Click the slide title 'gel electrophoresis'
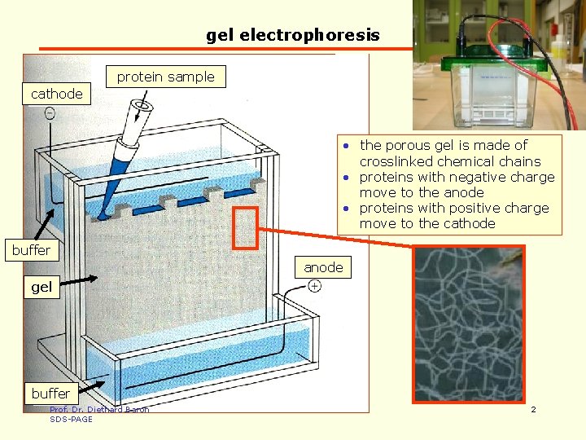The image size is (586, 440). pos(293,35)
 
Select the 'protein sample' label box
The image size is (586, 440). pos(166,77)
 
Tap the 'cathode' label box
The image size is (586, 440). pos(56,94)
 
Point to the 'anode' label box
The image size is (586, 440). pos(323,267)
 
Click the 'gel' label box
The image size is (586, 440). pos(42,287)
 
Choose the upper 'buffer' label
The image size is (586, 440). pos(31,250)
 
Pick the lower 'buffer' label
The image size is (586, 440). pos(50,394)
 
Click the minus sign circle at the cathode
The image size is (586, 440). pos(50,114)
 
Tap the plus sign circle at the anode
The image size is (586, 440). pos(314,285)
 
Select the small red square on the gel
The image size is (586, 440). pos(245,227)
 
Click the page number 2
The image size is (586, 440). pos(533,409)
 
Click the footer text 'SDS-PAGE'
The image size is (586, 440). pos(71,419)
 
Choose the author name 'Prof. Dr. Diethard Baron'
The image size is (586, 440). pos(99,410)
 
